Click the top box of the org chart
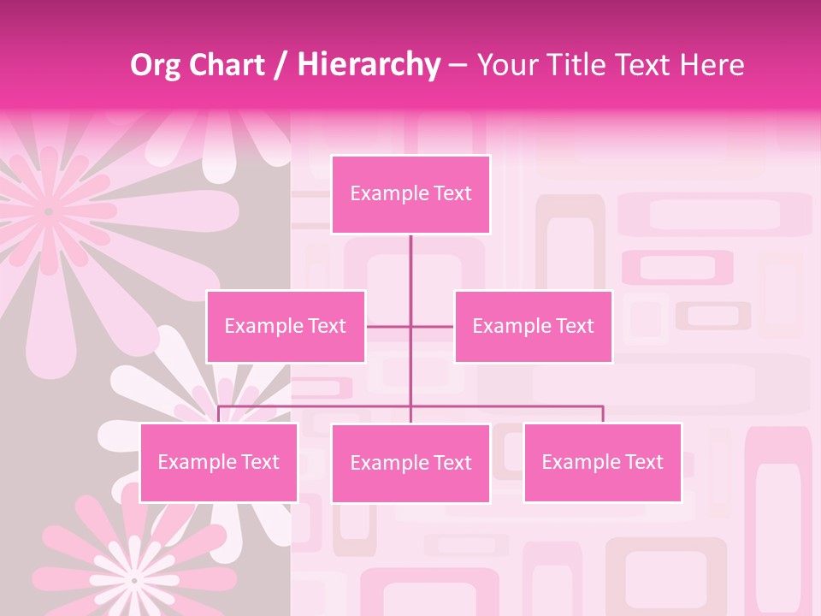(x=410, y=194)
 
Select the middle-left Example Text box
(x=286, y=326)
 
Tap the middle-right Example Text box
(x=533, y=326)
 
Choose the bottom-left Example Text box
(x=219, y=462)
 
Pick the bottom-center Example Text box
(x=410, y=463)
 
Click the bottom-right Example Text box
(x=603, y=462)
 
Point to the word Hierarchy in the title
(x=369, y=65)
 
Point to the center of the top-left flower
(x=49, y=210)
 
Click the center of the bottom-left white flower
(x=133, y=580)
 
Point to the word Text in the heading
(x=647, y=65)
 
